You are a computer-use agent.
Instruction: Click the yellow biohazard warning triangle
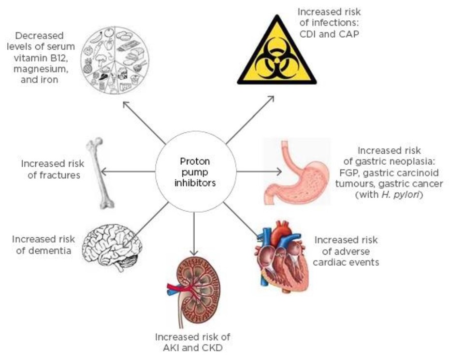tap(277, 55)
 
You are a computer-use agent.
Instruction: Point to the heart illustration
tap(282, 256)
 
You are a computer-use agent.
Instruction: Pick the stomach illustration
tap(296, 172)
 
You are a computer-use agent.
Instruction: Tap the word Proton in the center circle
tap(195, 161)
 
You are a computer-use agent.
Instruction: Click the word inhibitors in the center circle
tap(195, 183)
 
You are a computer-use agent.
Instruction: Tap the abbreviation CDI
tap(308, 34)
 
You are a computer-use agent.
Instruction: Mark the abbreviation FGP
tap(347, 173)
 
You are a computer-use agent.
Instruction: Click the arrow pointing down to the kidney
tap(194, 234)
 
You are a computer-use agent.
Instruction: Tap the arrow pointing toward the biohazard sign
tap(250, 120)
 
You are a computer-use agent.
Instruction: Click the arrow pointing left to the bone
tap(128, 172)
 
